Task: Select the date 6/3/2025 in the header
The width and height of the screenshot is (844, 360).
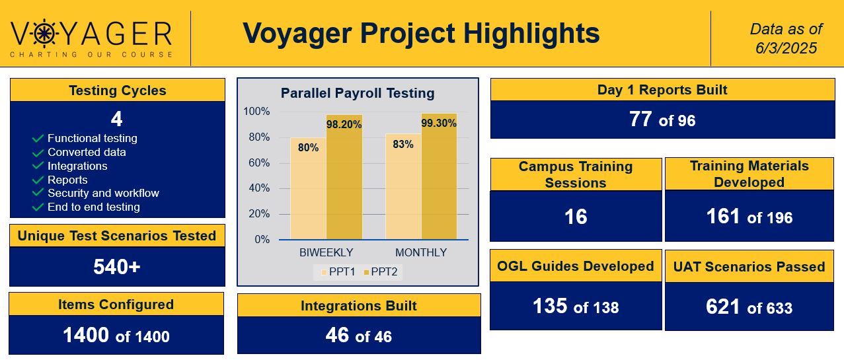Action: click(x=786, y=48)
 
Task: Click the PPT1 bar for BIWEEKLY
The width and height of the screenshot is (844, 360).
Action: click(x=307, y=188)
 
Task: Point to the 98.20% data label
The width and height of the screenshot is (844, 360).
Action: click(x=344, y=125)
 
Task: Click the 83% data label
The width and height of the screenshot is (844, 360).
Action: click(x=403, y=144)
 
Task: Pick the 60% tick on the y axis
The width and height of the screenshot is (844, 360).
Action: click(x=256, y=162)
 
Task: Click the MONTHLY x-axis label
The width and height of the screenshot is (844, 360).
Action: click(x=420, y=252)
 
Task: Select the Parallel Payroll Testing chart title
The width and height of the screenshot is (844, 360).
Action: click(x=358, y=93)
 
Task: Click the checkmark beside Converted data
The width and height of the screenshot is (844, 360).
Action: click(x=38, y=153)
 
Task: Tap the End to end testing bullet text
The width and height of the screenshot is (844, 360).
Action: click(x=93, y=207)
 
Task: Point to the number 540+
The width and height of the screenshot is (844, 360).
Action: click(x=116, y=267)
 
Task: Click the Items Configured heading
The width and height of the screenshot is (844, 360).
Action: click(x=116, y=305)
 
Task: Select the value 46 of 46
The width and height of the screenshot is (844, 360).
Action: click(x=358, y=336)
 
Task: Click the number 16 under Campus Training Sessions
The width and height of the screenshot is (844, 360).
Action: click(x=576, y=217)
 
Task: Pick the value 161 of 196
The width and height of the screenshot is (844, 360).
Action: click(x=749, y=217)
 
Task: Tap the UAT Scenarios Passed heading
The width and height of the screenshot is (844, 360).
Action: click(x=749, y=267)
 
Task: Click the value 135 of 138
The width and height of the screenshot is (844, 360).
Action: click(x=575, y=306)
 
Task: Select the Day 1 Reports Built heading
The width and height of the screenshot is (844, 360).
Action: click(x=662, y=90)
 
